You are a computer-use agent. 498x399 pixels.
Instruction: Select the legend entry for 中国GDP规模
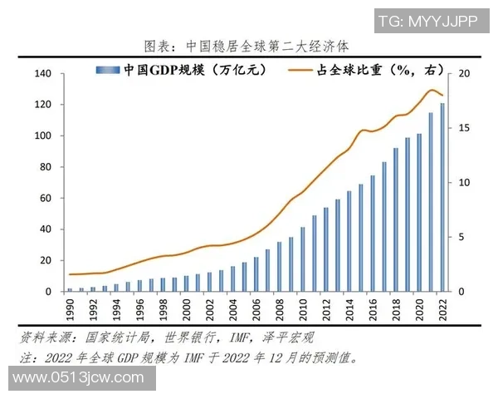pyautogui.click(x=182, y=71)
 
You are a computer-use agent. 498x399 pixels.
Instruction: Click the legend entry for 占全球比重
pyautogui.click(x=358, y=71)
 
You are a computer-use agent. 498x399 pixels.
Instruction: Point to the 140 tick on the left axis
pyautogui.click(x=43, y=74)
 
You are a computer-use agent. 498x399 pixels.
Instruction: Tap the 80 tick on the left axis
pyautogui.click(x=46, y=167)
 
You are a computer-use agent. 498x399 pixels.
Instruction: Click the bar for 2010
pyautogui.click(x=303, y=259)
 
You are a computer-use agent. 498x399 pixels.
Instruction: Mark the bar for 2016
pyautogui.click(x=373, y=234)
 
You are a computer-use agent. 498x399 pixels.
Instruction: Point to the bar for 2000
pyautogui.click(x=187, y=283)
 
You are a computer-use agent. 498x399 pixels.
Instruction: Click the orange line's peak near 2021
pyautogui.click(x=432, y=90)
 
